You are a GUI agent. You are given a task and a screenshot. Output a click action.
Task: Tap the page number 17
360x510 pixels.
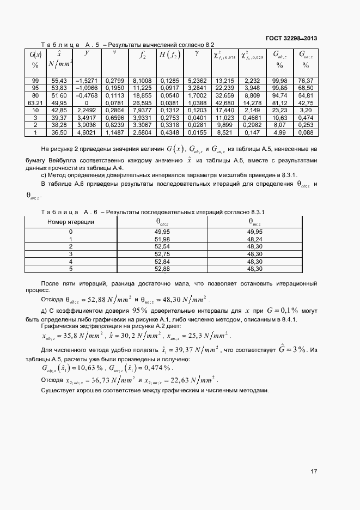pyautogui.click(x=314, y=471)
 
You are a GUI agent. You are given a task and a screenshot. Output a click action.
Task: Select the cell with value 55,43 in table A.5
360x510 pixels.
pyautogui.click(x=59, y=80)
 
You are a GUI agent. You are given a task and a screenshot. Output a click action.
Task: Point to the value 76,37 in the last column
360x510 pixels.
pyautogui.click(x=306, y=80)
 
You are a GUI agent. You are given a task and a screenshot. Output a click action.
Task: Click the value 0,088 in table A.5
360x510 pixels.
pyautogui.click(x=306, y=132)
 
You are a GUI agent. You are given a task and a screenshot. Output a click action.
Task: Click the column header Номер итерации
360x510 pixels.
pyautogui.click(x=71, y=222)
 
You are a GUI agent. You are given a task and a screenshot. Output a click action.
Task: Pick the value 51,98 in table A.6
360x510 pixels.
pyautogui.click(x=163, y=239)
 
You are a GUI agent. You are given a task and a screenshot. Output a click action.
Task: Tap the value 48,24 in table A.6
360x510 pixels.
pyautogui.click(x=255, y=239)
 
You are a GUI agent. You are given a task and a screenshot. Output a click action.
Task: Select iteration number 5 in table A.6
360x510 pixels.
pyautogui.click(x=71, y=269)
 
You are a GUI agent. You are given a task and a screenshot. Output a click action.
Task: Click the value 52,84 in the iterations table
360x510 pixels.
pyautogui.click(x=163, y=261)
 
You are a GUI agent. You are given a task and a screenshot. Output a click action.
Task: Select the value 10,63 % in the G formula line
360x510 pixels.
pyautogui.click(x=84, y=368)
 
